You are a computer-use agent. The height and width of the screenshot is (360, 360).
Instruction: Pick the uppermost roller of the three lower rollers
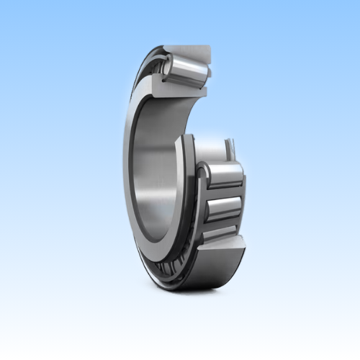click(x=223, y=175)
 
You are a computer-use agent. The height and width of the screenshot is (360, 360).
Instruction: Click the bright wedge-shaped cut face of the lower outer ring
click(x=216, y=256)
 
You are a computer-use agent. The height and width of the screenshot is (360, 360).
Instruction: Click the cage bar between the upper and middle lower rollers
click(x=223, y=193)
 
